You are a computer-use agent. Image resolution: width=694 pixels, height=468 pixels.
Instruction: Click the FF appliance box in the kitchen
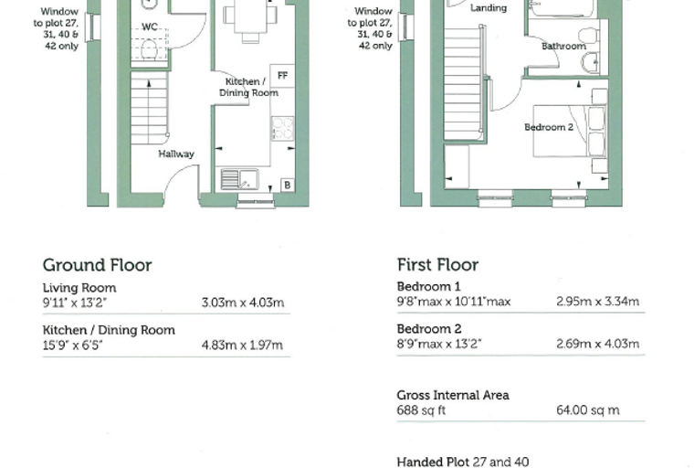[x=282, y=76]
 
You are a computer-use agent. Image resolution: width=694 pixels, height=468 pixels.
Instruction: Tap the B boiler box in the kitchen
[x=288, y=185]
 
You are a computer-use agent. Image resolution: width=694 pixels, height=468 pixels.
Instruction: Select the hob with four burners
[x=282, y=129]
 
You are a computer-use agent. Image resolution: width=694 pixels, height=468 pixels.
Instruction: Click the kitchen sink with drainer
[x=239, y=179]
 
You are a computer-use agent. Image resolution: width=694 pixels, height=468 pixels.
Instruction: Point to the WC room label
[x=150, y=27]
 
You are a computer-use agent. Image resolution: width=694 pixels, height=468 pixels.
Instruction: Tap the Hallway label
[x=176, y=154]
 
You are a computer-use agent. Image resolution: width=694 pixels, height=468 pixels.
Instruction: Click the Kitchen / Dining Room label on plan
[x=248, y=87]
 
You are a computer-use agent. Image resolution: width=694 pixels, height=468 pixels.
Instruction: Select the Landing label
[x=489, y=8]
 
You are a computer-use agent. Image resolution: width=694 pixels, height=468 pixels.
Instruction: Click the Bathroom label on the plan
[x=564, y=46]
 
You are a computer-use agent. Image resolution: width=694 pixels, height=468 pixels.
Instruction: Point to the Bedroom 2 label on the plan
[x=549, y=127]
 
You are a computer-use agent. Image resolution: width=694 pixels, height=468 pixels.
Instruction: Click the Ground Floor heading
[x=98, y=265]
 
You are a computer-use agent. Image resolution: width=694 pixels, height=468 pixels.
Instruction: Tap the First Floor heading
[x=437, y=264]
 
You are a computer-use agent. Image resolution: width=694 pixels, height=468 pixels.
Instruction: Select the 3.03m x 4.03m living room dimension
[x=243, y=303]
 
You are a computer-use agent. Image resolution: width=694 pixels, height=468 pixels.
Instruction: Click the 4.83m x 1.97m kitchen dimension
[x=242, y=345]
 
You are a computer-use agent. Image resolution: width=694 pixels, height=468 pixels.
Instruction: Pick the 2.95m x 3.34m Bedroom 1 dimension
[x=597, y=302]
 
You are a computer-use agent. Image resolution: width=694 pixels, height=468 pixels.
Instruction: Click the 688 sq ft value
[x=421, y=409]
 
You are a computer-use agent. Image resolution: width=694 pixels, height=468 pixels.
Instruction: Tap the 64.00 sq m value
[x=588, y=409]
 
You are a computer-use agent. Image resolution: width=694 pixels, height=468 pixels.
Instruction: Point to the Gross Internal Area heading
[x=453, y=395]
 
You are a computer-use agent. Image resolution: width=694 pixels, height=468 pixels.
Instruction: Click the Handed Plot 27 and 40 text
[x=463, y=462]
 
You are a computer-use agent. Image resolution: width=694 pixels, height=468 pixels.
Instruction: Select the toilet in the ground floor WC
[x=149, y=49]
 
